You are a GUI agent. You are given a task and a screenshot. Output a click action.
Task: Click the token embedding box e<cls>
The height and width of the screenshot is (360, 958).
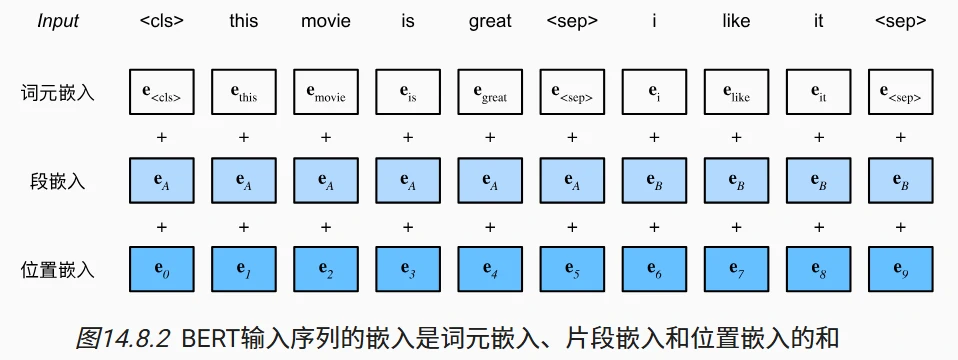pos(162,93)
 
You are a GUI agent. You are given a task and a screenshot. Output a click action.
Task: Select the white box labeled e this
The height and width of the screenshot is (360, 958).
pos(244,93)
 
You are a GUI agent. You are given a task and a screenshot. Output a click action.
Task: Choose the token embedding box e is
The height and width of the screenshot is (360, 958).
pos(408,93)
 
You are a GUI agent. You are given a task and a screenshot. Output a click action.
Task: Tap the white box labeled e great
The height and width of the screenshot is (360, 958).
pos(490,93)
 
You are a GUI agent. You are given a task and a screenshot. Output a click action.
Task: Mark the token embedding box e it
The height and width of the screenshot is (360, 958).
pos(818,93)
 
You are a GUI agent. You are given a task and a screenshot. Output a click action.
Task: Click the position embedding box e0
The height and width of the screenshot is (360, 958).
pos(162,269)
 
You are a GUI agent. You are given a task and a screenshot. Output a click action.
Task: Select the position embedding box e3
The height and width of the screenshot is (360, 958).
pos(408,269)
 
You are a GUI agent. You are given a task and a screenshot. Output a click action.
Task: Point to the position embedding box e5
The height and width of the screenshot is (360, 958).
pos(572,269)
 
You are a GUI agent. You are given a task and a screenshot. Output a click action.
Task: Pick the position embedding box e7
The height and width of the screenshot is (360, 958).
pos(736,269)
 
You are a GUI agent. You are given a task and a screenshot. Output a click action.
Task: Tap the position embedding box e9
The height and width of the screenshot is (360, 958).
pos(900,269)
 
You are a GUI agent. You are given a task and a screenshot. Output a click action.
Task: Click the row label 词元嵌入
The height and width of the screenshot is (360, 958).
pos(58,93)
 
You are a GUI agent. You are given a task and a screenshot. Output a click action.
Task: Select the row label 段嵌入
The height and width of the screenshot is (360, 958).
pos(58,181)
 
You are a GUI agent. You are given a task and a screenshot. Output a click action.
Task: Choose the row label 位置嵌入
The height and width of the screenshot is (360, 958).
pos(58,269)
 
